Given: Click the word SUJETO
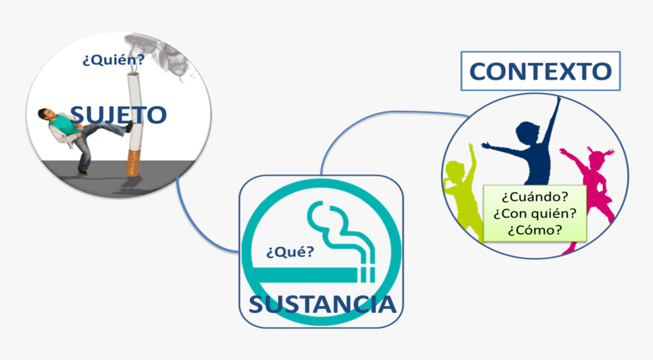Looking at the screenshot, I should [118, 115].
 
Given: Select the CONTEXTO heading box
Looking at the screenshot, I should [540, 71].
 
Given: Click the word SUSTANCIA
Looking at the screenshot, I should [322, 305].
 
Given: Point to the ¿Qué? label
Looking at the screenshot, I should [289, 251].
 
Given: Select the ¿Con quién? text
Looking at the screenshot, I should [534, 213].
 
